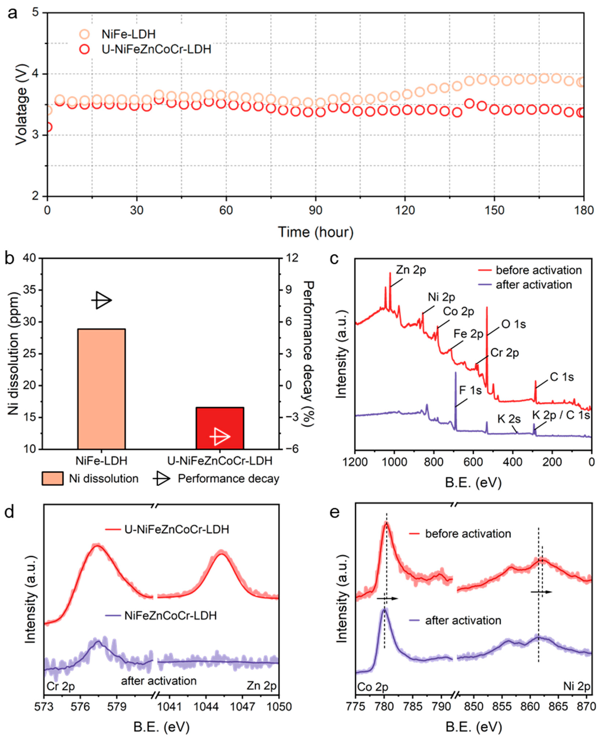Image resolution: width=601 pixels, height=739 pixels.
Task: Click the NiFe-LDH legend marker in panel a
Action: (x=84, y=34)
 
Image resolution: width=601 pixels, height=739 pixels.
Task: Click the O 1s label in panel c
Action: (x=513, y=324)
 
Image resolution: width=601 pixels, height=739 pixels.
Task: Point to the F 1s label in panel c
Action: (x=470, y=390)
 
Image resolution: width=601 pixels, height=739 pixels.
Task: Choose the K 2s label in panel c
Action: (x=509, y=419)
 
